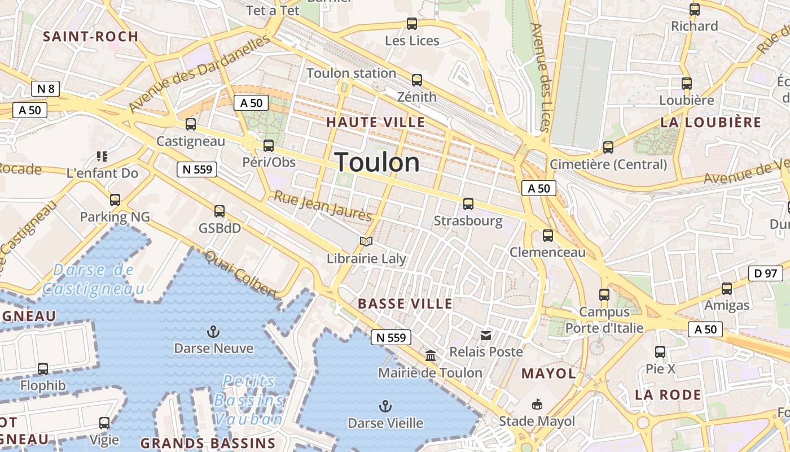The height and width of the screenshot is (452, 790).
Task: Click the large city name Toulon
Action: coord(377,163)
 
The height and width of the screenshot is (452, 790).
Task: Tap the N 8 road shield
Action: coord(45,89)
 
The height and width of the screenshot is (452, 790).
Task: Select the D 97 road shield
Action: coord(765,273)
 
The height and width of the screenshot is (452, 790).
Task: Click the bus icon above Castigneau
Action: coord(191,124)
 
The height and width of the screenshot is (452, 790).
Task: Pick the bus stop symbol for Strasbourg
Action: coord(468,204)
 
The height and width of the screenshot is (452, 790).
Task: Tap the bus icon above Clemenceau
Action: coord(547,236)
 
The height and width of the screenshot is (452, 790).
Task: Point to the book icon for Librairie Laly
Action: coord(366,242)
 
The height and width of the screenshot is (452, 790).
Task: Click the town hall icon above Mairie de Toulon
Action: coord(431,356)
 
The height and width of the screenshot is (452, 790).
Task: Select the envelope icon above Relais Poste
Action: coord(486,336)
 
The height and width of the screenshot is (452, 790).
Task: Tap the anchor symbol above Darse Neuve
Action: coord(213,332)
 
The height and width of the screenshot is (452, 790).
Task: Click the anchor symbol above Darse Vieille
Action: coord(385,406)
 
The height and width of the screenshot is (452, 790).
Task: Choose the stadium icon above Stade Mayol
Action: coord(537,405)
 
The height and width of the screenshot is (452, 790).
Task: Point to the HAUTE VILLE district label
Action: coord(375,122)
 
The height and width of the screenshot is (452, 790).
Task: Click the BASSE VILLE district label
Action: coord(405,304)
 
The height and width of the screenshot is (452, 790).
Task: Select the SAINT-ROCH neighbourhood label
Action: coord(91,37)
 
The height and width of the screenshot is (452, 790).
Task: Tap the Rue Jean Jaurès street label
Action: coord(323,206)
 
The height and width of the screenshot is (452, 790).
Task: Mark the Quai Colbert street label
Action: coord(242,275)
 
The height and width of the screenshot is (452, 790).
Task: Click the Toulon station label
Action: coord(351,73)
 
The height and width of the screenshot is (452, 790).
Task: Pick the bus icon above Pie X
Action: coord(660,352)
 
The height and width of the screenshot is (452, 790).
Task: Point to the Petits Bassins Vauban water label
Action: coord(249,400)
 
